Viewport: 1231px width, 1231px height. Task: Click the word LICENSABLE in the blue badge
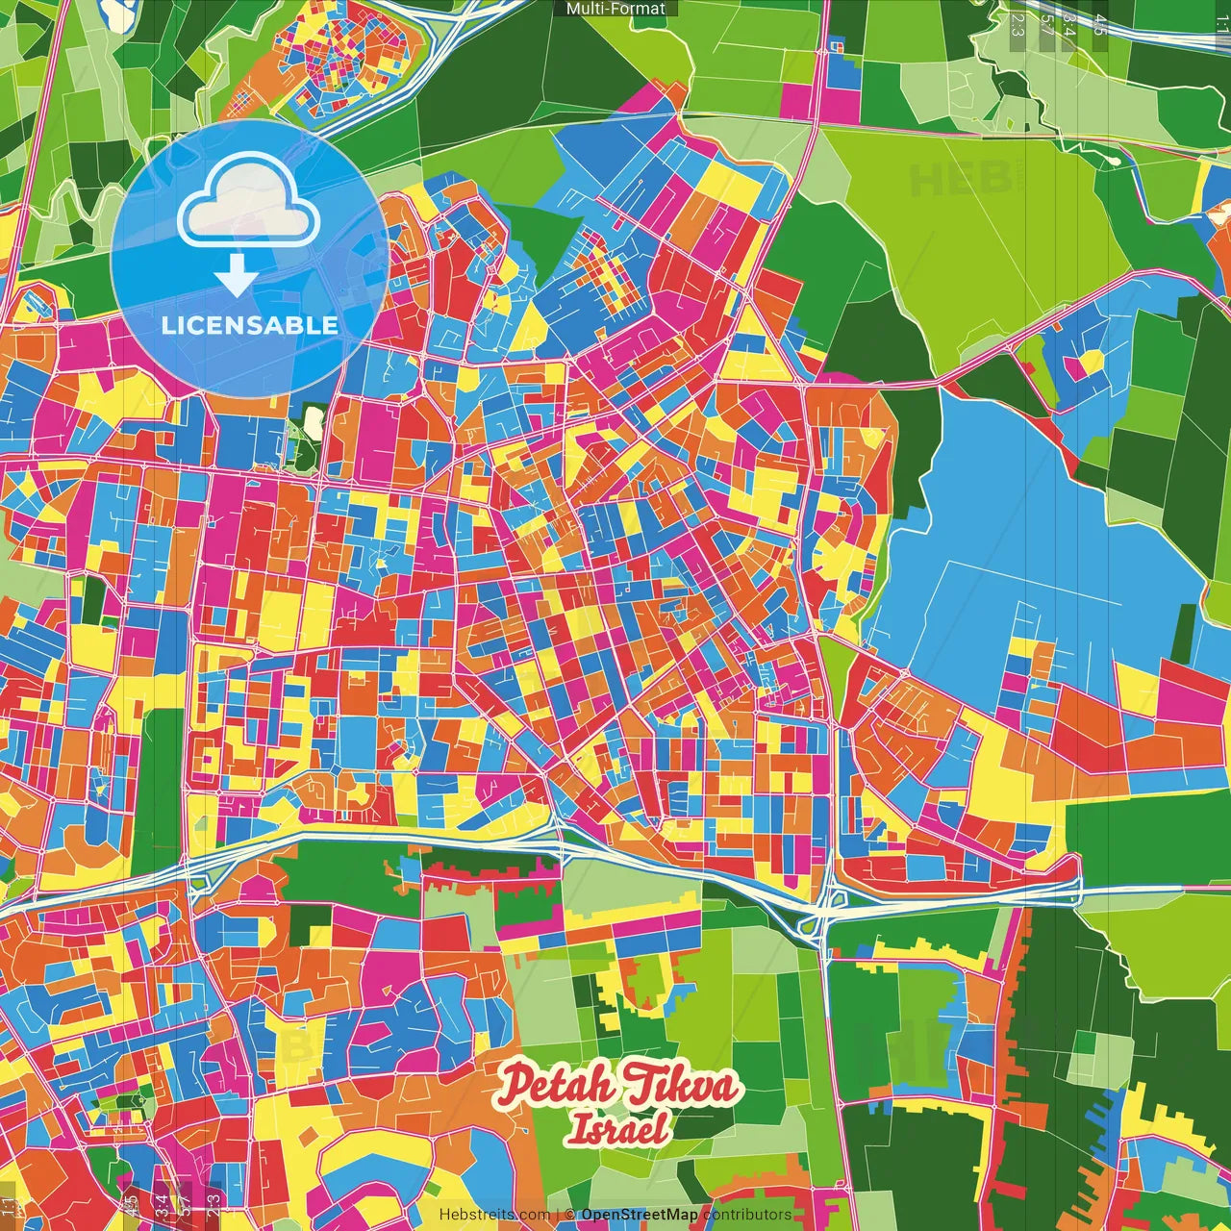[x=250, y=325]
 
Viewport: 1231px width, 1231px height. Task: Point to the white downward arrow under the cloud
[x=237, y=276]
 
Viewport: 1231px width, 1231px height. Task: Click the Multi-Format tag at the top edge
[x=615, y=9]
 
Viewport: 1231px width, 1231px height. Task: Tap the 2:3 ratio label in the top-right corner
[x=1017, y=25]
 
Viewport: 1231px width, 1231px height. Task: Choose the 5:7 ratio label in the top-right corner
[x=1046, y=25]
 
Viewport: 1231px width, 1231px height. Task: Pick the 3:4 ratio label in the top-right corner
[x=1069, y=25]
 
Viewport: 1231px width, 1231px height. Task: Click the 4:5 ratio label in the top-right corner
[x=1099, y=25]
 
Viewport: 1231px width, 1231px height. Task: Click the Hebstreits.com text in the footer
[x=494, y=1215]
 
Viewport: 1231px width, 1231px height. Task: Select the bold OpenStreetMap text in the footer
[x=640, y=1215]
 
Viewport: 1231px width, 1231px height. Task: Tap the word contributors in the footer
[x=747, y=1215]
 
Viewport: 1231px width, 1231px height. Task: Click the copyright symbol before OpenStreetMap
[x=570, y=1215]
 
